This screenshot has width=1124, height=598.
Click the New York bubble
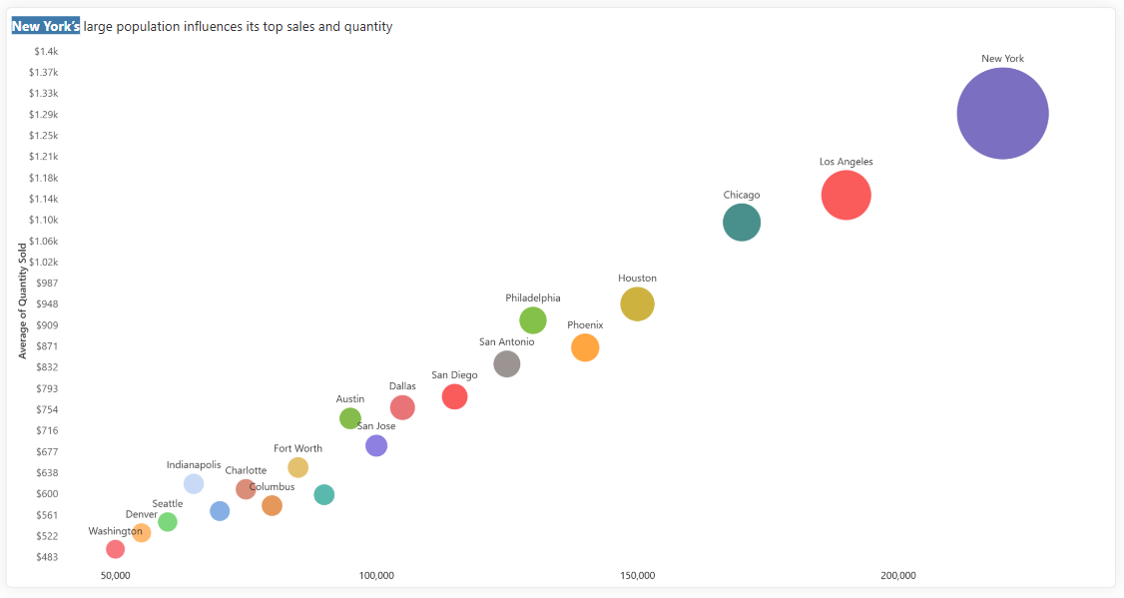[x=1002, y=113]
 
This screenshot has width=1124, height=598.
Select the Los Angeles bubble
[x=845, y=195]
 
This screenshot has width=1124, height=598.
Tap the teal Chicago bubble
[x=742, y=223]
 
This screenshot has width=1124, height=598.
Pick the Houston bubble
[x=637, y=304]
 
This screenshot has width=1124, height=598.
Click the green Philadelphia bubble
[x=533, y=320]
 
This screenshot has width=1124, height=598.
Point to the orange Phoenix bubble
[x=585, y=347]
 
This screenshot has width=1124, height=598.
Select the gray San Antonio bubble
[x=507, y=364]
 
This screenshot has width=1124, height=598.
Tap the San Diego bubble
[x=454, y=396]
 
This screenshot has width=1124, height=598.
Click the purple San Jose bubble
[x=376, y=446]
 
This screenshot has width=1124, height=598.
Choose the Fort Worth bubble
[x=297, y=467]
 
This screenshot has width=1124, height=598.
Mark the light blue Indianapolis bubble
[x=194, y=484]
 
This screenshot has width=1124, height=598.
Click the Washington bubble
[x=116, y=549]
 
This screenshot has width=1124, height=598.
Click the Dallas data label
[x=402, y=386]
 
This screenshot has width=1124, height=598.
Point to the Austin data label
[x=349, y=399]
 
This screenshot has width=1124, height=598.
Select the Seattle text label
[x=167, y=504]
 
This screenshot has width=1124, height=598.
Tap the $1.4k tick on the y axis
[x=46, y=52]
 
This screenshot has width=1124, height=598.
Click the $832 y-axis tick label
[x=47, y=367]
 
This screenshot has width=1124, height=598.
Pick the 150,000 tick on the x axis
[x=637, y=576]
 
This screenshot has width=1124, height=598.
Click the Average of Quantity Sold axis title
[x=22, y=301]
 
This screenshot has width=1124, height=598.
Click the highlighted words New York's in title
[x=45, y=27]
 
